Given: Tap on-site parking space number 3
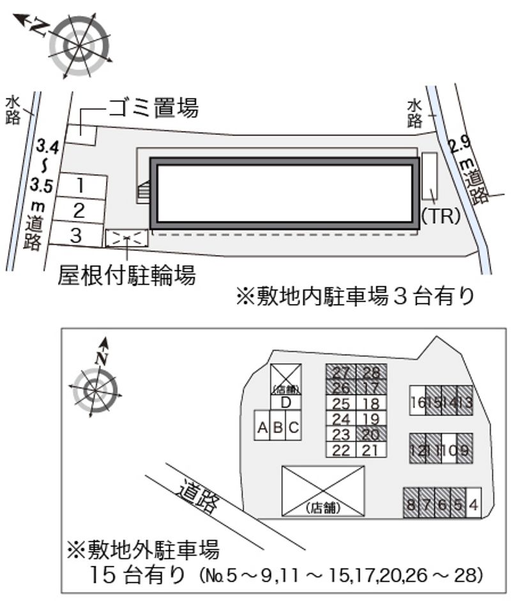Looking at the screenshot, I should pyautogui.click(x=76, y=234).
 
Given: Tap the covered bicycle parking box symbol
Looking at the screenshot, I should pyautogui.click(x=126, y=238).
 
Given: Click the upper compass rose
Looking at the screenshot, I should pyautogui.click(x=80, y=47).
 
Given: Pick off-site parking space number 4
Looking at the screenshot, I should pyautogui.click(x=473, y=503).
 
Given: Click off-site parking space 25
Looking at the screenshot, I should pyautogui.click(x=341, y=403).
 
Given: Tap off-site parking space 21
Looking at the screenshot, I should pyautogui.click(x=370, y=450).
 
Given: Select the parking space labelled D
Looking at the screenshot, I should pyautogui.click(x=286, y=402).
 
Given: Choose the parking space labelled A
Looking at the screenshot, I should pyautogui.click(x=262, y=429).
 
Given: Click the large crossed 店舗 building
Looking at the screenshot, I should pyautogui.click(x=323, y=490).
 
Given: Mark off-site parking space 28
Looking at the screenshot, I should pyautogui.click(x=370, y=373).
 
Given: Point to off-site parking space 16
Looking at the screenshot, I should pyautogui.click(x=418, y=401).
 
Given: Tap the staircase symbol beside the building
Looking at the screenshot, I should pyautogui.click(x=145, y=192).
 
